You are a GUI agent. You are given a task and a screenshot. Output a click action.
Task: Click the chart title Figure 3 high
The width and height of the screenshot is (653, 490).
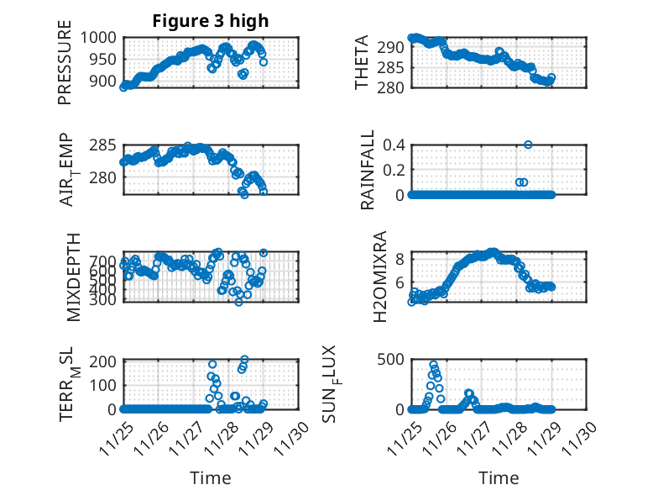[x=211, y=21]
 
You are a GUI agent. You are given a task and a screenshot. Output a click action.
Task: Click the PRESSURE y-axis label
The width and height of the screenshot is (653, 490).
[x=65, y=68]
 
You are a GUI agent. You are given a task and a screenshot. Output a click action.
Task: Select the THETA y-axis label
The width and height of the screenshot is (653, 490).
[x=362, y=63]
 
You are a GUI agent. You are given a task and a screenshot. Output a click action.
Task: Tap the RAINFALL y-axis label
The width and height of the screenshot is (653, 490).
[x=367, y=171]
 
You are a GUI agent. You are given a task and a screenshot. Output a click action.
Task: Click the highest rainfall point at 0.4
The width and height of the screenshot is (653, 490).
[x=528, y=145]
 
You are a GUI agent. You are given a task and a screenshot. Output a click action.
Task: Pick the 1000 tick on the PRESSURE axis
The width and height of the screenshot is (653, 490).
[x=103, y=38]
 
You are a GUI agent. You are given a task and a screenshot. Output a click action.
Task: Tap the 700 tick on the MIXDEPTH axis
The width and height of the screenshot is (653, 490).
[x=107, y=262]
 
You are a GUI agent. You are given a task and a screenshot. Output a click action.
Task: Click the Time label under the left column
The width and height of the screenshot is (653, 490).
[x=210, y=477]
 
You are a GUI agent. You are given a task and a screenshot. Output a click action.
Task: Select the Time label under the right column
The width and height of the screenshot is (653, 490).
[x=499, y=477]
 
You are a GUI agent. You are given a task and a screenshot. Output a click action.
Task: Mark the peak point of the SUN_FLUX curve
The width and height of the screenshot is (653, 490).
[x=434, y=365]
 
